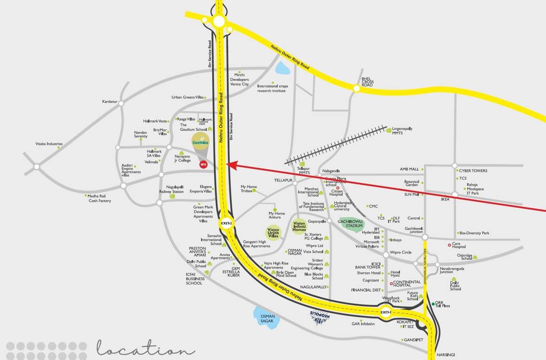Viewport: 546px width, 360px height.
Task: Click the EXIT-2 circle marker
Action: click(226, 223)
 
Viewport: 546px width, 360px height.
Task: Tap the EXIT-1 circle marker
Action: click(386, 312)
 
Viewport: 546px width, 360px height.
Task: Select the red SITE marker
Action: click(203, 164)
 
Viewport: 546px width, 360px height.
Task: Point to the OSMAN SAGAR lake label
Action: click(267, 318)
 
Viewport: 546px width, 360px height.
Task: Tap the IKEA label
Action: click(445, 199)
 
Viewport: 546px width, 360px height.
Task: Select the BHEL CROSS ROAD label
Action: click(367, 82)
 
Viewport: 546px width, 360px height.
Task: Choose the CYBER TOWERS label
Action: click(473, 171)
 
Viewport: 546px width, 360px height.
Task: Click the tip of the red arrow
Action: click(228, 164)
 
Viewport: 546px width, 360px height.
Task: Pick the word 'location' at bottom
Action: click(145, 350)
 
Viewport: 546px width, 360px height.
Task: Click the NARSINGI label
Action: click(445, 354)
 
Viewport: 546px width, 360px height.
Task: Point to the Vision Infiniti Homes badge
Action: click(299, 227)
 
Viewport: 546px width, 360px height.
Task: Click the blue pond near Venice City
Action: click(283, 69)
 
